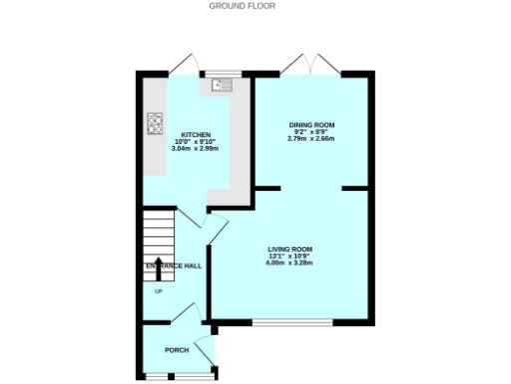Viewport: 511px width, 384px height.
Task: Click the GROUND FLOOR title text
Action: [x=242, y=6]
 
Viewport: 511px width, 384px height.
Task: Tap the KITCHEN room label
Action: [x=195, y=134]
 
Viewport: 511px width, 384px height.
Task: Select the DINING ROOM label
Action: [x=312, y=125]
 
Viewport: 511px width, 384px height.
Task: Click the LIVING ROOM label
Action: [x=289, y=249]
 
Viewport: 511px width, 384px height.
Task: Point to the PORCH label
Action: [x=177, y=351]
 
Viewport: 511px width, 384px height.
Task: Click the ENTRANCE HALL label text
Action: [x=174, y=266]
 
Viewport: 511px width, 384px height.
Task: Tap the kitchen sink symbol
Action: [x=218, y=86]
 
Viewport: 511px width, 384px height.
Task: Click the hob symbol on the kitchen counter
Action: [x=155, y=123]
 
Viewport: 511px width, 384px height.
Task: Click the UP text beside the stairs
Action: [x=158, y=291]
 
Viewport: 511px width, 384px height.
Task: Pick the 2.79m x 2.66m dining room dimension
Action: [x=312, y=139]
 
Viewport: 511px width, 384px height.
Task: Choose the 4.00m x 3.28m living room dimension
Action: [x=289, y=263]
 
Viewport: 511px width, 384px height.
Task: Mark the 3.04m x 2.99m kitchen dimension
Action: [x=195, y=148]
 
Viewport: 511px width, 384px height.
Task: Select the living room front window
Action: [x=292, y=323]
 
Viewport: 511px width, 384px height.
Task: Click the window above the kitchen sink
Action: [x=218, y=74]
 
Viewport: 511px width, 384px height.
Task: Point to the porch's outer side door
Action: [x=205, y=349]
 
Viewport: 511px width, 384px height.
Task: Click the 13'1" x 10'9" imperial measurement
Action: [x=289, y=256]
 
